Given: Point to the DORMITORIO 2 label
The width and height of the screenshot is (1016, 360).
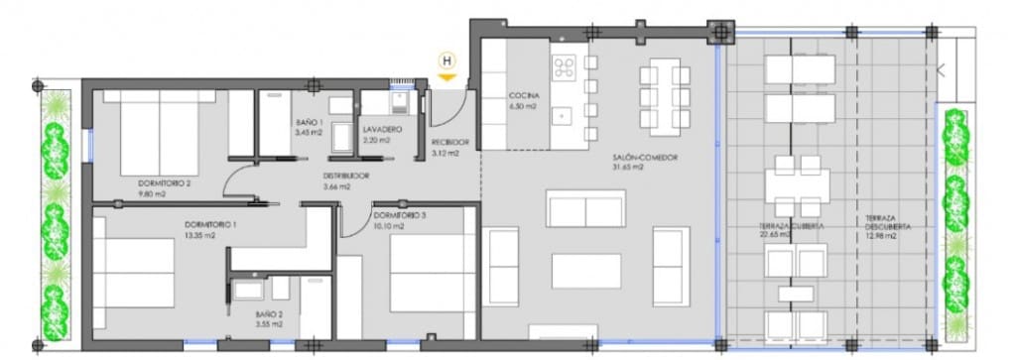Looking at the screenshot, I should [x=163, y=182].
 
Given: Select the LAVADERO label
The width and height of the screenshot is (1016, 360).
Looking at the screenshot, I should [x=381, y=130].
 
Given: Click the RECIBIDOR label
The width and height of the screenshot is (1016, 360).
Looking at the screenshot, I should [x=449, y=142].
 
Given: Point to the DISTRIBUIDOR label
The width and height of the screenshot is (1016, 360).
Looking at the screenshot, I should [x=345, y=177].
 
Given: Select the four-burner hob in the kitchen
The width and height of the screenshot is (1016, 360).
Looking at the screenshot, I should [x=566, y=68].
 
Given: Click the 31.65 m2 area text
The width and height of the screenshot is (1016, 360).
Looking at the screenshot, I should [x=629, y=168].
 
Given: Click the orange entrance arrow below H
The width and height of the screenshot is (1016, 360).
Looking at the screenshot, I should [x=448, y=75].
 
